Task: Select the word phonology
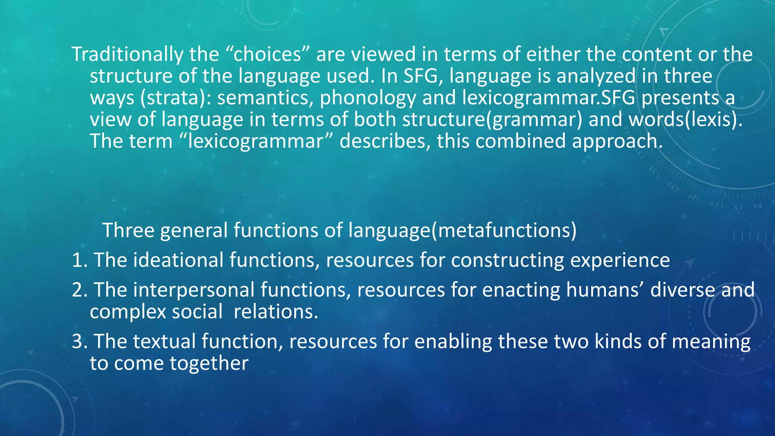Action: click(368, 98)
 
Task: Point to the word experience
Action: click(620, 261)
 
